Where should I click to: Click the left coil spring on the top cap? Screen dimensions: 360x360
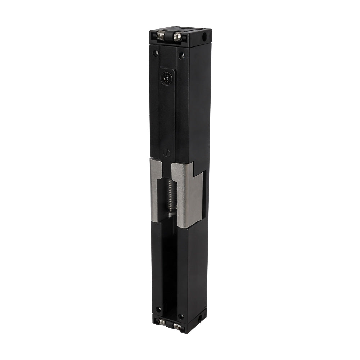[160, 35]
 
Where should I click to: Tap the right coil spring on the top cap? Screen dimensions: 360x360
[178, 37]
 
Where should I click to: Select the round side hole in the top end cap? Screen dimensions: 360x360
[204, 37]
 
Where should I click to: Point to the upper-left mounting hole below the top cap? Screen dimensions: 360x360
[156, 53]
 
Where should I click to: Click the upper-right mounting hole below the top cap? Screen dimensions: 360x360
[182, 56]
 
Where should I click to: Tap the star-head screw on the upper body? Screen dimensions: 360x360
[167, 77]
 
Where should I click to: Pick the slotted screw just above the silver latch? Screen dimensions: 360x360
[166, 152]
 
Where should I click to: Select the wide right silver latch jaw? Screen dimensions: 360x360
[187, 194]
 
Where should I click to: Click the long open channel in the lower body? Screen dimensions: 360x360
[169, 266]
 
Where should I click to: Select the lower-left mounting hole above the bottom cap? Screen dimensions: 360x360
[158, 309]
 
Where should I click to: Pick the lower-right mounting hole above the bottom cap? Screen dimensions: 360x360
[181, 316]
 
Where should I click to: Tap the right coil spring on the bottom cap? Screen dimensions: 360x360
[177, 326]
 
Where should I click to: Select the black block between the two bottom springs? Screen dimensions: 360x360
[169, 324]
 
